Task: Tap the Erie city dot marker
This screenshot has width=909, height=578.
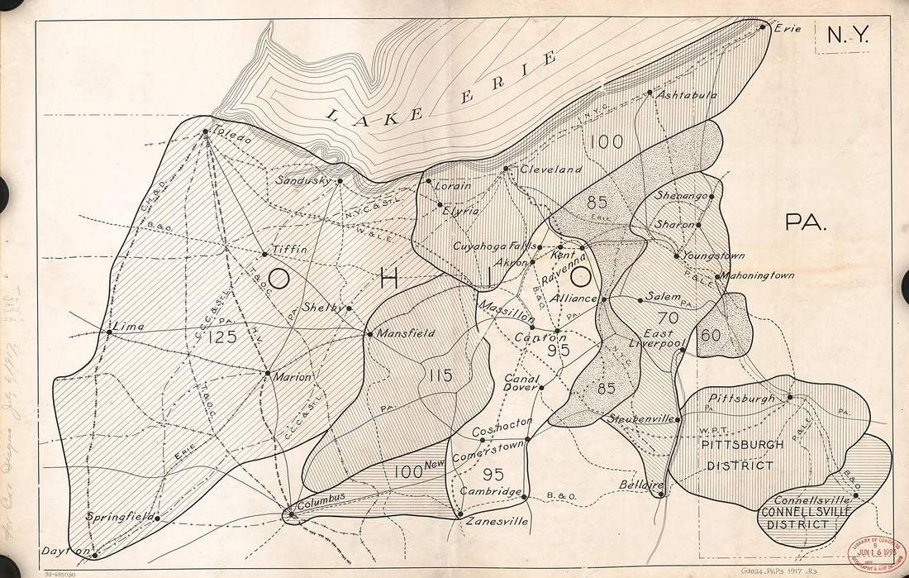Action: (x=764, y=26)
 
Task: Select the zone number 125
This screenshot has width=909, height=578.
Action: (x=222, y=337)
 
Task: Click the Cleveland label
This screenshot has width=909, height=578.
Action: (x=550, y=169)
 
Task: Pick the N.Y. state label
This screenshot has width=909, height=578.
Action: (x=847, y=36)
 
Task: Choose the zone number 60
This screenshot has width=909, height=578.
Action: (x=710, y=335)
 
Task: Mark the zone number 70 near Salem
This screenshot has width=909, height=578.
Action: (x=668, y=317)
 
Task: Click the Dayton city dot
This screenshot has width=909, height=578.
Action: (x=95, y=555)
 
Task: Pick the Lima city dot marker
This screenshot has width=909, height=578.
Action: (x=109, y=332)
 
